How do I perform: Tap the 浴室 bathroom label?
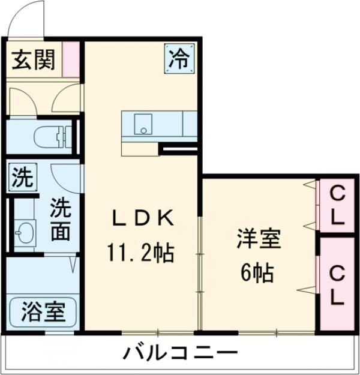(x=43, y=312)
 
